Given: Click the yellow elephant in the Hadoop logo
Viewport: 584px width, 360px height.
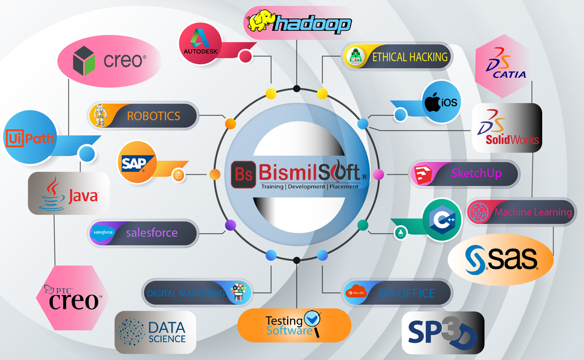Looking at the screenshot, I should [x=259, y=21].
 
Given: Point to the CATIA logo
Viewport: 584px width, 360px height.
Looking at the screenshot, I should [x=501, y=66].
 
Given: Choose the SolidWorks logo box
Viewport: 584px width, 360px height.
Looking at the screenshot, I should [x=506, y=128].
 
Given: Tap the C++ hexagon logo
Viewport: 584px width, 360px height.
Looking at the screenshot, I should [x=442, y=219].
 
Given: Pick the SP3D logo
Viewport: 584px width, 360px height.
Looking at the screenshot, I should [x=442, y=333].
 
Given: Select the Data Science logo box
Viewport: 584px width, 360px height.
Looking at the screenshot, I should [x=155, y=332].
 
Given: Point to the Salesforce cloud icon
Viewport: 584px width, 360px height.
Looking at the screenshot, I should [x=103, y=233].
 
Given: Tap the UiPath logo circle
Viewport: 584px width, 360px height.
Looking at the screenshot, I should [x=30, y=138].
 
